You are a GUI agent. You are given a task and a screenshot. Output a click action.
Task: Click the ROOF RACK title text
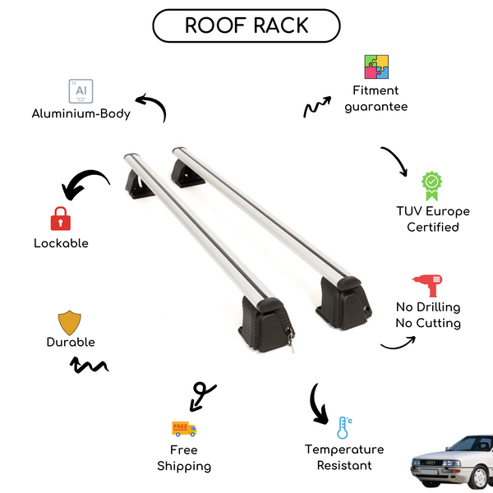[246, 25]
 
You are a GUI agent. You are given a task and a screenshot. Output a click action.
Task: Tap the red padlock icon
[60, 219]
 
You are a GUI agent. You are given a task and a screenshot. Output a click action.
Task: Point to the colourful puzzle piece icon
[376, 67]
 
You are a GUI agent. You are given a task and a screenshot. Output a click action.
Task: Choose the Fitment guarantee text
[376, 99]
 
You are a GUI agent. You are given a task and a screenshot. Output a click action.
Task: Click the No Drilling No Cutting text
[427, 315]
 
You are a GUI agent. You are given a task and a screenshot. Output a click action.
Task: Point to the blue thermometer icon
[343, 427]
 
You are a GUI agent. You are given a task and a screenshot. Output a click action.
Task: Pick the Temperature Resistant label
[344, 458]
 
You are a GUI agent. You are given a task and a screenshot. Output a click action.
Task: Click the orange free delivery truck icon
[184, 428]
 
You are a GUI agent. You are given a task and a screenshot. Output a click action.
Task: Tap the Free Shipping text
[184, 458]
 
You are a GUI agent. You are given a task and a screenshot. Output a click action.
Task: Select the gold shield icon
[70, 322]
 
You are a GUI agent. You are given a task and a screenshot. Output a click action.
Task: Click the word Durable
[71, 342]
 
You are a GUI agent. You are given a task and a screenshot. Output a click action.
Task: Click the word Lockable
[61, 243]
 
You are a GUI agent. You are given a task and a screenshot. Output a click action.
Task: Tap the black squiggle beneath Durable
[89, 364]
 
